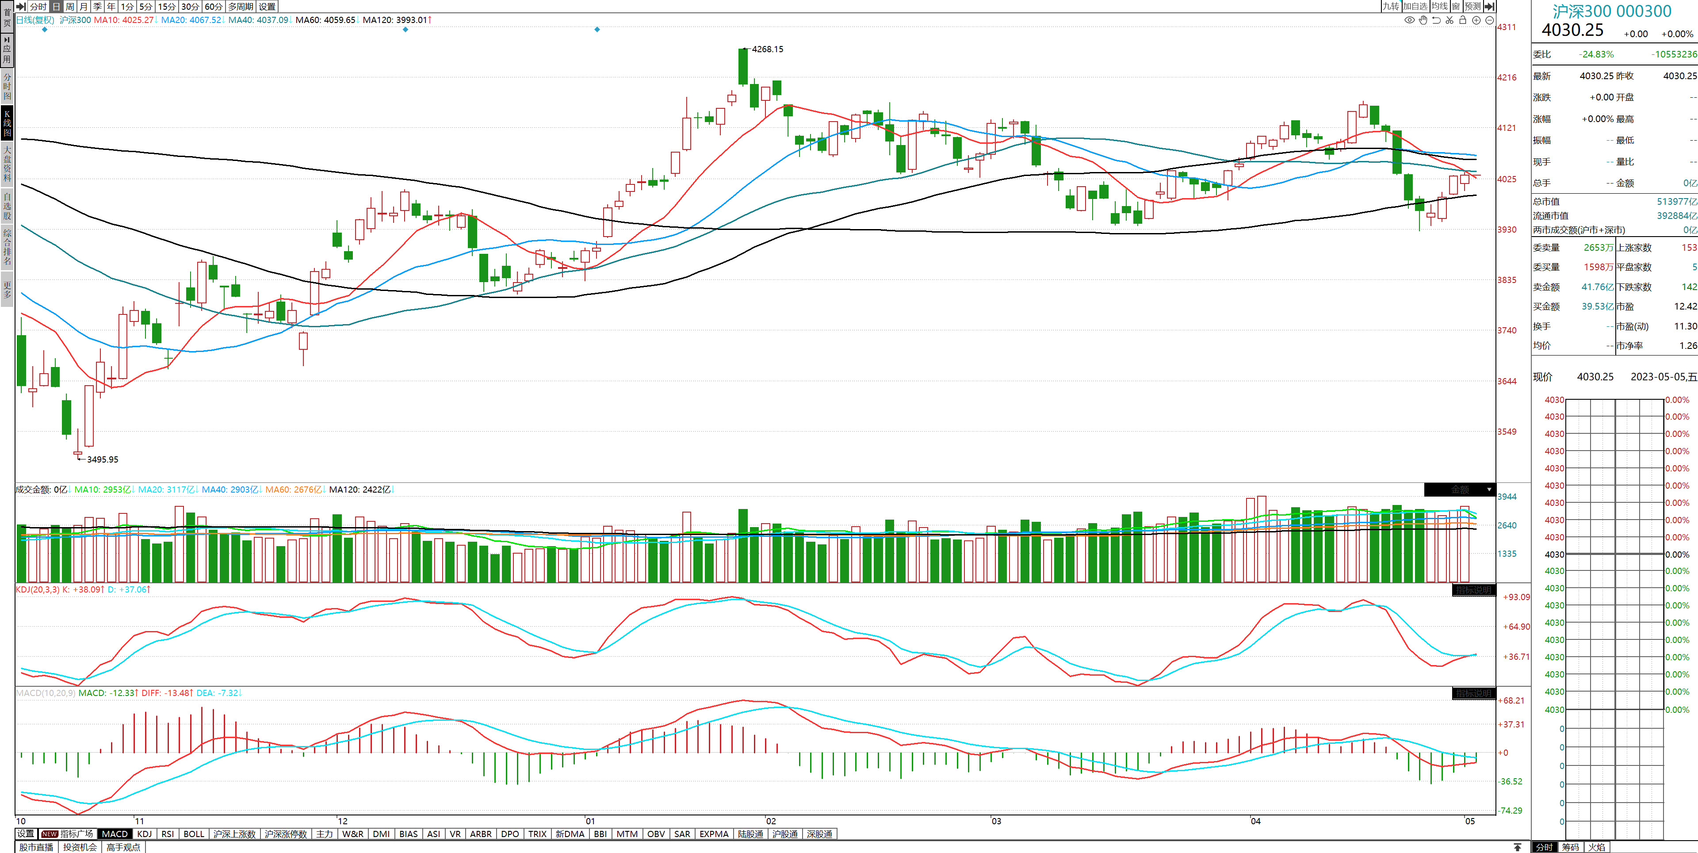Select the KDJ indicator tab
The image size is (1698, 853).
144,834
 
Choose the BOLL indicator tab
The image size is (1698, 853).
194,834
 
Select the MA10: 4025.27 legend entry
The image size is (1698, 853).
123,20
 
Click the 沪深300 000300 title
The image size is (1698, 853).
1612,11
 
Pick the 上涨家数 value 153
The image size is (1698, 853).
1688,248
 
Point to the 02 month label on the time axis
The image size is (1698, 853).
771,821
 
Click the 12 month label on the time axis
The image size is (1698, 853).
342,821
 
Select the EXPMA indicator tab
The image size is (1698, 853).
713,834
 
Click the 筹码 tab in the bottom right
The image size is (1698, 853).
1570,847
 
